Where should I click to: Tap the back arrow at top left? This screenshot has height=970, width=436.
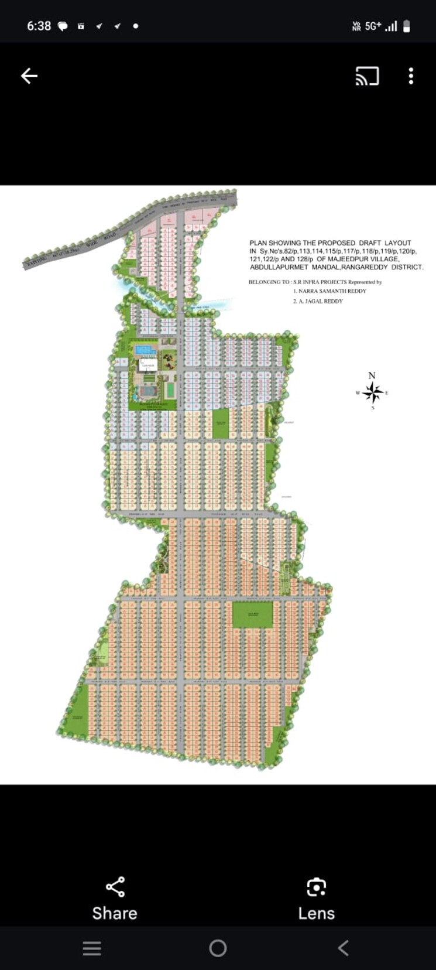(x=29, y=76)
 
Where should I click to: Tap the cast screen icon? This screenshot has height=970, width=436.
(x=367, y=76)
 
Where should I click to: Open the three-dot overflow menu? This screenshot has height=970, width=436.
(x=411, y=76)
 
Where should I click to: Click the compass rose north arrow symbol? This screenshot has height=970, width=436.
(x=372, y=391)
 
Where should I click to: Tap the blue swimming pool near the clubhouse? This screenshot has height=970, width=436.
(x=145, y=350)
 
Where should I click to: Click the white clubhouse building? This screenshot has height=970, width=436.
(x=147, y=365)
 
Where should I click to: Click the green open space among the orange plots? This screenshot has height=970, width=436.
(x=253, y=615)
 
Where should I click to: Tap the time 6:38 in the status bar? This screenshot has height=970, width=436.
(x=39, y=26)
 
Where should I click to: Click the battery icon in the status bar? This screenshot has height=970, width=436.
(x=407, y=26)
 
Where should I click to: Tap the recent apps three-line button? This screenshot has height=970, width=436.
(x=92, y=948)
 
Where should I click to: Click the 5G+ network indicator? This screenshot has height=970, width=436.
(x=373, y=26)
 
